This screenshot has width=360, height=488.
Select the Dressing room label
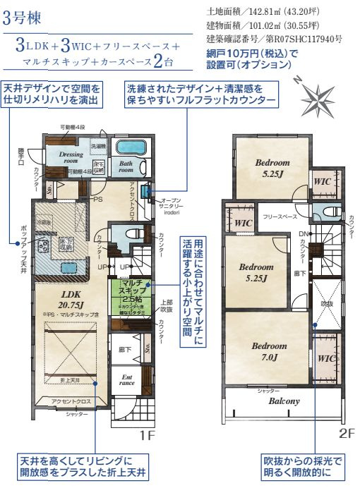coord(71,157)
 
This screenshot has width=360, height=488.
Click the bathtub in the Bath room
coord(128,148)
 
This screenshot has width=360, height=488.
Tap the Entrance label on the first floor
coord(126,381)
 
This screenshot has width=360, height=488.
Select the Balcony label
coord(284,401)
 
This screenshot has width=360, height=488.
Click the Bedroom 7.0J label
coord(269,351)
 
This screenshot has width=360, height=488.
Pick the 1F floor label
coord(146,435)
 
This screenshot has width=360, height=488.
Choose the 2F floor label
coord(347,432)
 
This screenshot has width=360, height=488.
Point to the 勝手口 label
coord(20,154)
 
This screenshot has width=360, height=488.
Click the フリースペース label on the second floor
coord(280,218)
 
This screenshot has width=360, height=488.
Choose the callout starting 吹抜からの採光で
coord(303,465)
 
